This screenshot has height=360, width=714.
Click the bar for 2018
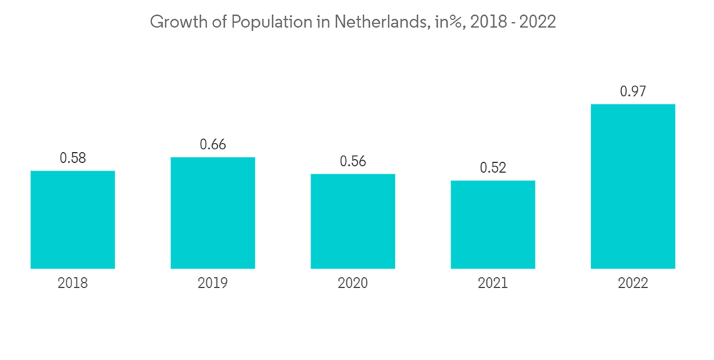pos(72,220)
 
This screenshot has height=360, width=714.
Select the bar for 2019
pos(213,213)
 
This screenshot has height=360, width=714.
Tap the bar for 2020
pos(353,221)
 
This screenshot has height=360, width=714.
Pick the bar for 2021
pos(493,225)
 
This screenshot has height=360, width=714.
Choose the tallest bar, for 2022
pos(633,186)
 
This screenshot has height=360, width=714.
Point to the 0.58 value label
pos(72,158)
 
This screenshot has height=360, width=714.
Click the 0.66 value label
pos(213,144)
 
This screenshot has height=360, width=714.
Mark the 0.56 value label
pos(353,161)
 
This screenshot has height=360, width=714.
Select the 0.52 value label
pos(493,168)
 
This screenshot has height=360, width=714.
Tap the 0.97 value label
pos(633,91)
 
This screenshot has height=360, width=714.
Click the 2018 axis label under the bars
pos(72,284)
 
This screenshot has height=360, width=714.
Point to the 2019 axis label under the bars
pos(213,284)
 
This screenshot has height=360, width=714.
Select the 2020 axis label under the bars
pos(353,284)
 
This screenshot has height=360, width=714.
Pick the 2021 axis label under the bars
pos(493,284)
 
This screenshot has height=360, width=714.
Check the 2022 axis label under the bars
pos(633,284)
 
